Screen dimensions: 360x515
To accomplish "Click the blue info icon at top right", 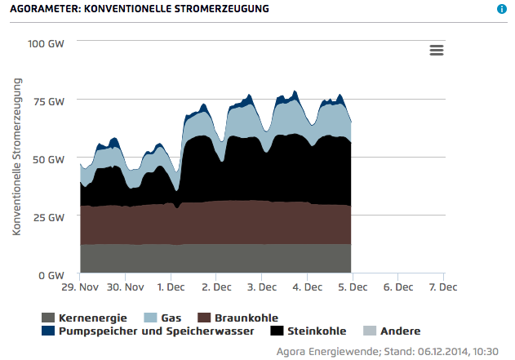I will pos(502,9).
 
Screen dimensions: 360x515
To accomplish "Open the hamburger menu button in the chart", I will pos(437,50).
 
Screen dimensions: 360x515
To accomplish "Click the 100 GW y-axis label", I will pos(45,42).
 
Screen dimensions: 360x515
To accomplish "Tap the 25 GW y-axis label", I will pos(48,217).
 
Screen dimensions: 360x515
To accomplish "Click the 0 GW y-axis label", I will pos(51,275).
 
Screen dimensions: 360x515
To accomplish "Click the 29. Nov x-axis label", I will pos(81,287).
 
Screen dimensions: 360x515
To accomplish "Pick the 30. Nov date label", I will pos(126,287).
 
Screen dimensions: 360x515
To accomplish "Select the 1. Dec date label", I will pos(171,287).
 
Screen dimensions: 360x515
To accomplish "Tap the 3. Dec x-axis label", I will pos(262,287).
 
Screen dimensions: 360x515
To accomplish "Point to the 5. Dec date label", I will pos(353,287).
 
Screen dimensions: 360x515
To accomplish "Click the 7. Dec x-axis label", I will pos(443,287).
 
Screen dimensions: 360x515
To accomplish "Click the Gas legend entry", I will pos(172,318).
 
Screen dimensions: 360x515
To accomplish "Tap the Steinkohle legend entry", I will pos(317,331).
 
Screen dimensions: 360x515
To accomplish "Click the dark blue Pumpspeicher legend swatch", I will pos(48,331).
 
